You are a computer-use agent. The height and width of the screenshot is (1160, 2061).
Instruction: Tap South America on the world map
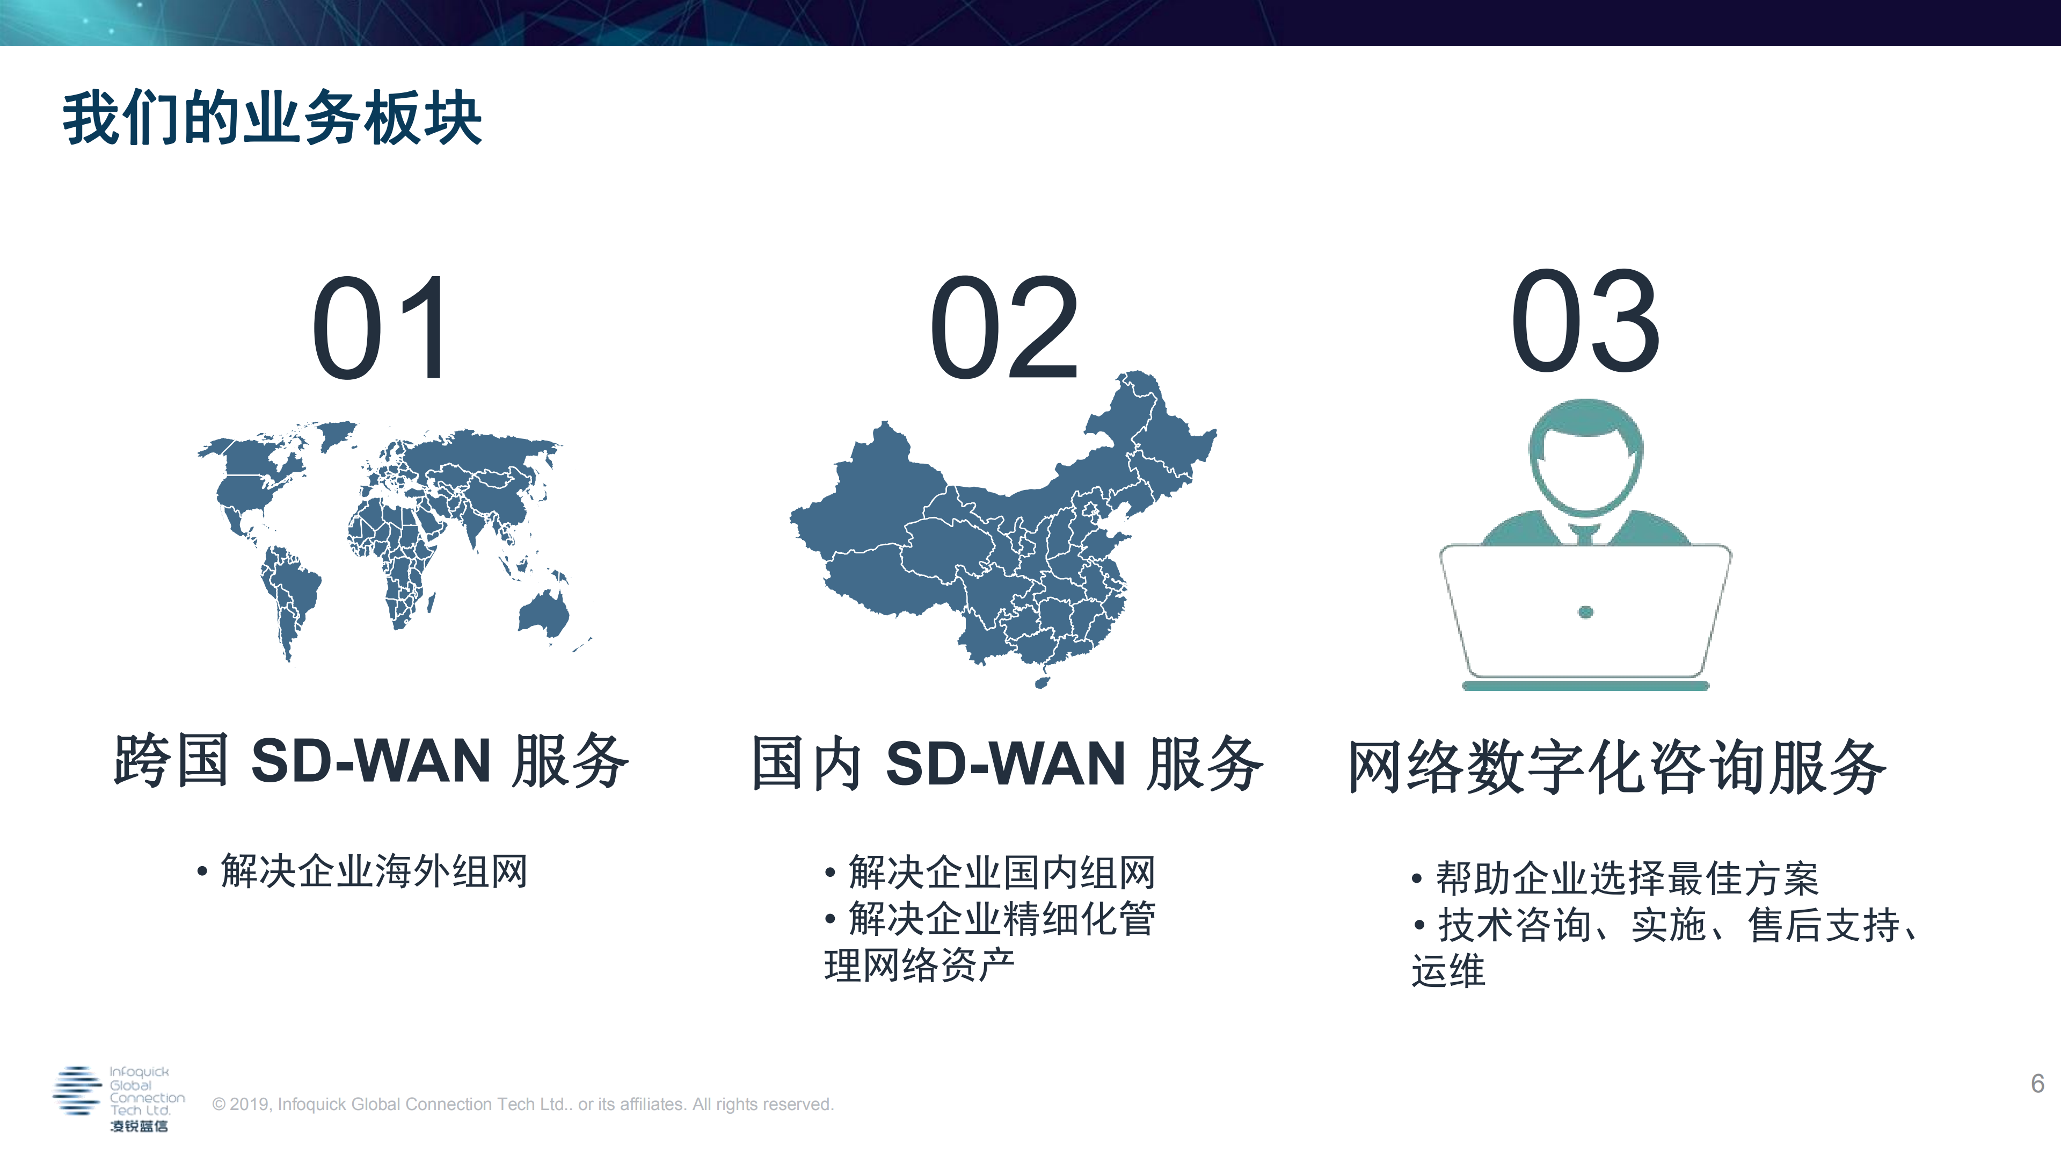click(288, 588)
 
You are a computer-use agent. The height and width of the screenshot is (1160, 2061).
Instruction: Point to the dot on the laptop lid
click(1585, 613)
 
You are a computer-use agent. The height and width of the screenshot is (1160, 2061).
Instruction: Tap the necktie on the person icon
click(1584, 535)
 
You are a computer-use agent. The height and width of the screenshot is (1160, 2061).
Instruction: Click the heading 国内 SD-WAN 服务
click(1007, 763)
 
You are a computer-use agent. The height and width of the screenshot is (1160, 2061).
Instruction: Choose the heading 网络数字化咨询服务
click(1616, 767)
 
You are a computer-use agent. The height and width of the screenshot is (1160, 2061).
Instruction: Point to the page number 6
click(2037, 1084)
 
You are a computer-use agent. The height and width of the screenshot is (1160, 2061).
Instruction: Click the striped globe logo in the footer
click(77, 1090)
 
